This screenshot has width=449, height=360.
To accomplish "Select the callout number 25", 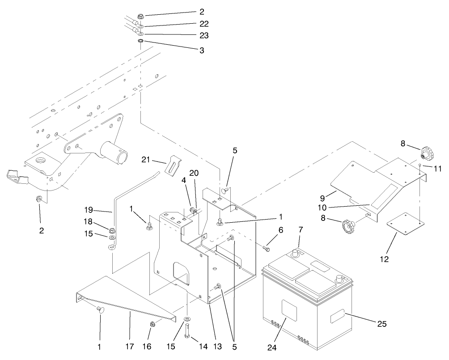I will (381, 323).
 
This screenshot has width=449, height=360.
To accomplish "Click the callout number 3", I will (202, 51).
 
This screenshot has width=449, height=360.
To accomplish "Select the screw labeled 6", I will (266, 246).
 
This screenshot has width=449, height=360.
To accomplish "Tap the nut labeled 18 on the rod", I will (112, 231).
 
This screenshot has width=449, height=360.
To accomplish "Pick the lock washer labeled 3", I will (140, 42).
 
